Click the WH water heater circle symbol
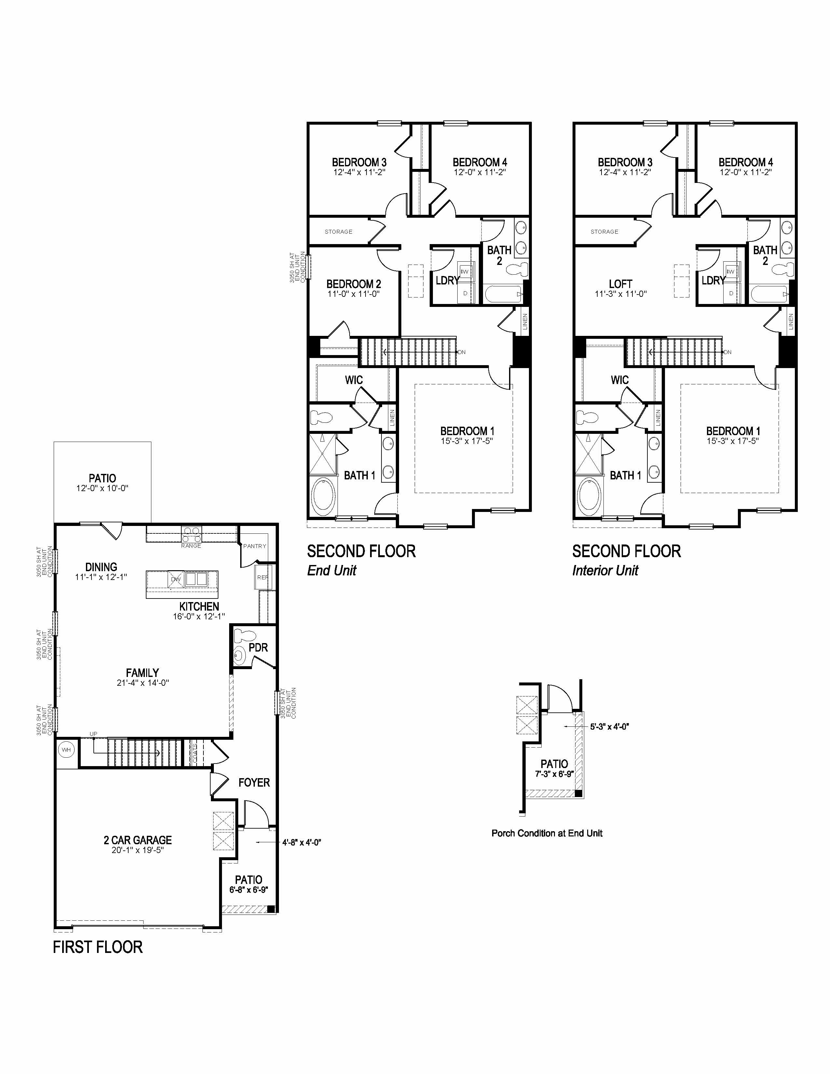pyautogui.click(x=66, y=750)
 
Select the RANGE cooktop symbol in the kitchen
pyautogui.click(x=191, y=531)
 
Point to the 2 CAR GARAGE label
pyautogui.click(x=138, y=840)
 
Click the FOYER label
pyautogui.click(x=254, y=782)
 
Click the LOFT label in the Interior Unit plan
pyautogui.click(x=620, y=284)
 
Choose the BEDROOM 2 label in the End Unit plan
pyautogui.click(x=353, y=284)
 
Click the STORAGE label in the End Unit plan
pyautogui.click(x=338, y=232)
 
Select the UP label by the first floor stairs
pyautogui.click(x=93, y=734)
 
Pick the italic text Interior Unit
pyautogui.click(x=605, y=571)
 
